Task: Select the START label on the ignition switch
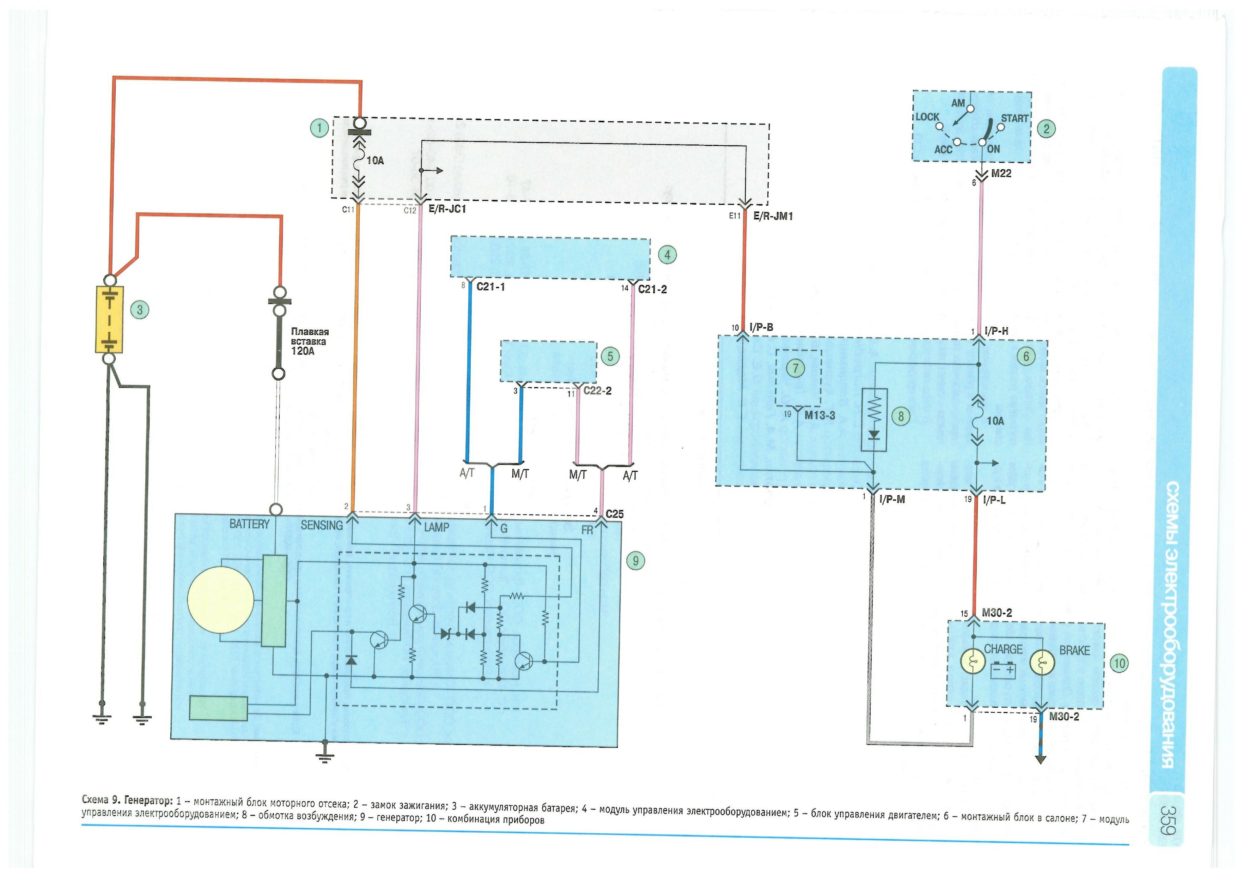(x=1014, y=118)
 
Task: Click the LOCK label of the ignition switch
(x=927, y=117)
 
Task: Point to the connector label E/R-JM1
(x=773, y=216)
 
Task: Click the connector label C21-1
(x=490, y=287)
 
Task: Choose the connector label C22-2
(x=597, y=391)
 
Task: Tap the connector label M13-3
(x=819, y=415)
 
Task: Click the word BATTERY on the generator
(x=249, y=524)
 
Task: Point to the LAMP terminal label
(x=436, y=527)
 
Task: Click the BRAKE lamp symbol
(x=1042, y=663)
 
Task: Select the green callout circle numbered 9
(x=635, y=561)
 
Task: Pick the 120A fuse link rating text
(x=303, y=351)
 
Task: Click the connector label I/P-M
(x=892, y=500)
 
